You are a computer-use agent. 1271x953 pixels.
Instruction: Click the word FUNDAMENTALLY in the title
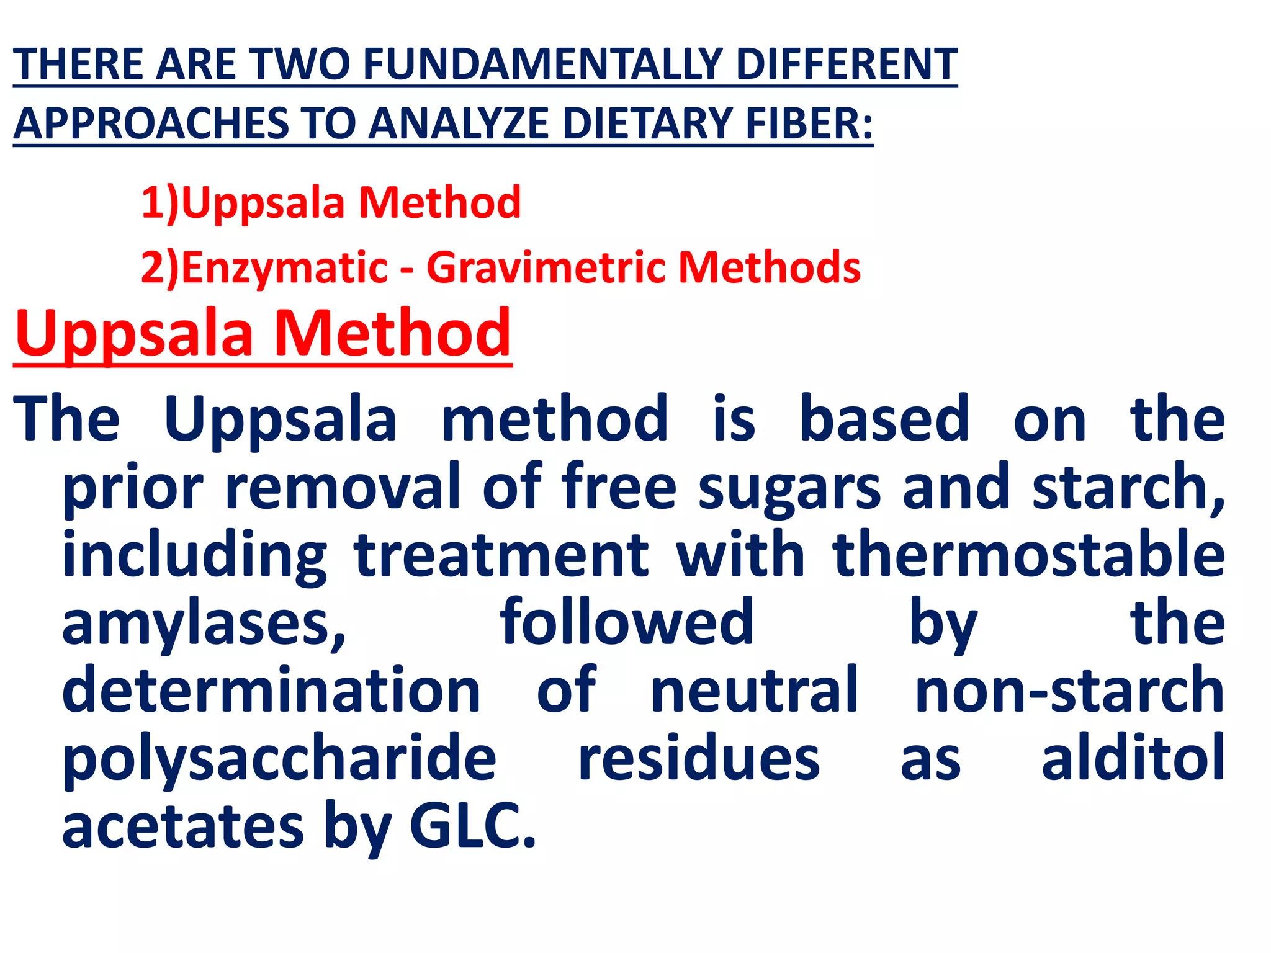pyautogui.click(x=542, y=65)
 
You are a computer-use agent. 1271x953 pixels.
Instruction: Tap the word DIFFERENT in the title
pyautogui.click(x=847, y=65)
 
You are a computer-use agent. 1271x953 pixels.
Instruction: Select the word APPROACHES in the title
pyautogui.click(x=151, y=123)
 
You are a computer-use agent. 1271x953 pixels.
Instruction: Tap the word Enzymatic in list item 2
pyautogui.click(x=285, y=267)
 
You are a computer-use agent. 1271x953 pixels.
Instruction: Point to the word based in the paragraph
pyautogui.click(x=884, y=419)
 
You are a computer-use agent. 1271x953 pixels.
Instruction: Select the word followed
pyautogui.click(x=627, y=622)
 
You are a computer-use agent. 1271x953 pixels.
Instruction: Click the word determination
pyautogui.click(x=272, y=690)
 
